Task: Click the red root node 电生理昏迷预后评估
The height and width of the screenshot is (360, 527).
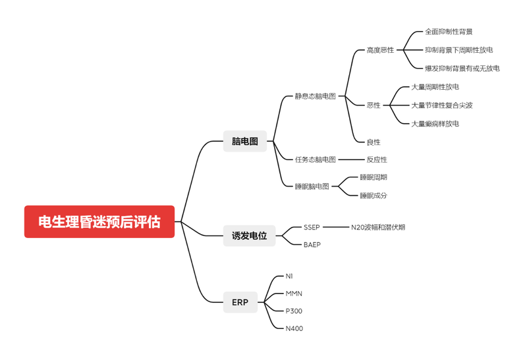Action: [99, 222]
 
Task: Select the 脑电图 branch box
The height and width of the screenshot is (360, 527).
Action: [244, 141]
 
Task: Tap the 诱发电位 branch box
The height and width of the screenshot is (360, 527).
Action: [249, 235]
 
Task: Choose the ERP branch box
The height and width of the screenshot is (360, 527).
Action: [240, 303]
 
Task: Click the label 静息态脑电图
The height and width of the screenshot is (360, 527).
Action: [315, 96]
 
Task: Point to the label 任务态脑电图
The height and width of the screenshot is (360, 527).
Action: [315, 160]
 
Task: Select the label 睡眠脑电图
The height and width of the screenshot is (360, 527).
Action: [312, 187]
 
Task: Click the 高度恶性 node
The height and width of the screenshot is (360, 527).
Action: [380, 50]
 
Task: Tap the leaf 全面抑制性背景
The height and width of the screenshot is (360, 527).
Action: [449, 32]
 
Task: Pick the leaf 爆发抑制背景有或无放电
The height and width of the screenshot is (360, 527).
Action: [462, 69]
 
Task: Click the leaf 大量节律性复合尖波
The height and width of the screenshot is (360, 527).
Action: [441, 105]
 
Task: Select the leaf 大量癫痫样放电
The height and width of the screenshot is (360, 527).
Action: [435, 124]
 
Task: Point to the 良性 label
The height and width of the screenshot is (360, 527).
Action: [374, 142]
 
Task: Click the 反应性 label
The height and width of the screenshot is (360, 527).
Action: [377, 160]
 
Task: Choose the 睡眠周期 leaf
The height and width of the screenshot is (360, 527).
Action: [374, 177]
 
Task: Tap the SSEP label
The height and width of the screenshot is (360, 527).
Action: [312, 227]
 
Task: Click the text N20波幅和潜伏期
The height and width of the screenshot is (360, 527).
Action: [378, 227]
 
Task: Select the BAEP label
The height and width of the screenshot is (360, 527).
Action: [312, 245]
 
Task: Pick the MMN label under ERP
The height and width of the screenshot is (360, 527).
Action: [294, 293]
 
